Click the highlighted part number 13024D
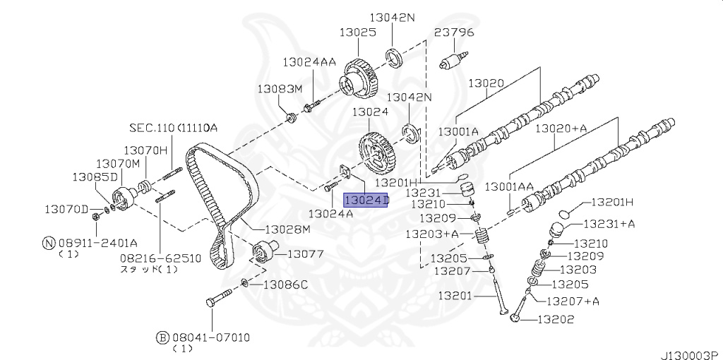[366, 200]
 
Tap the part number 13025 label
[358, 32]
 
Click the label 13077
[305, 254]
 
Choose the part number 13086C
[285, 285]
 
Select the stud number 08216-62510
[160, 258]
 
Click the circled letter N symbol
[49, 243]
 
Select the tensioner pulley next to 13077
[264, 251]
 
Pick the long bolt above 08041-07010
[220, 297]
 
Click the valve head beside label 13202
[515, 318]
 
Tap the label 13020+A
[561, 128]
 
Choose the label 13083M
[280, 88]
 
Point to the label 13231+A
[609, 224]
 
